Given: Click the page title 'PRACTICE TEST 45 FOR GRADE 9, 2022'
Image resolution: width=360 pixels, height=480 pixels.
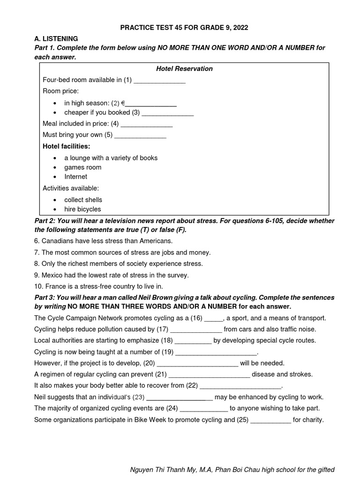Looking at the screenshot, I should pos(184,28).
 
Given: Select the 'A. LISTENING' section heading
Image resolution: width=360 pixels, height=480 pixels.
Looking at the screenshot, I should pos(56,38).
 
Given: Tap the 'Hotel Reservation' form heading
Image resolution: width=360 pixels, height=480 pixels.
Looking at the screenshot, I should pos(184,68).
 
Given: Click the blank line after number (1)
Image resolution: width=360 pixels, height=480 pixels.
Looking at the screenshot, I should pos(160,81).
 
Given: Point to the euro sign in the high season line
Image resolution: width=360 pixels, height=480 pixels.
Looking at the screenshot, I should pos(122,103).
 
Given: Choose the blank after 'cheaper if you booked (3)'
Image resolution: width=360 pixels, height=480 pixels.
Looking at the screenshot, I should pos(168,113).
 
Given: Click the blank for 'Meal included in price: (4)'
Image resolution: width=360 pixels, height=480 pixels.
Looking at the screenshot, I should pos(147,125).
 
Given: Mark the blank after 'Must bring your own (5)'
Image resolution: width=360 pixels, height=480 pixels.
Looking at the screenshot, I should pos(141,136).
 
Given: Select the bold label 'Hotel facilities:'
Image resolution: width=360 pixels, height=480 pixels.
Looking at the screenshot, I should pos(66,146).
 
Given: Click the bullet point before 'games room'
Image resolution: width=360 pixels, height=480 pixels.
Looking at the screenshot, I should pos(55,167).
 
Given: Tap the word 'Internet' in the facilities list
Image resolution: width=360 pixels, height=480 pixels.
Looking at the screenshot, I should pos(76,177).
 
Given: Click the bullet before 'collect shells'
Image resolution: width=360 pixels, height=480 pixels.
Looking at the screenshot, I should pos(55,200).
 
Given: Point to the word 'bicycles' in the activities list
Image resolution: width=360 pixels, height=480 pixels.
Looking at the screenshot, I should pos(89,209).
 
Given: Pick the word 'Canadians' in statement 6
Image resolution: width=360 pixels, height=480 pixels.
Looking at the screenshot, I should pos(57,241).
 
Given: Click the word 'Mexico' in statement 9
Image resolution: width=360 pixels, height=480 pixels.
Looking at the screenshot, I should pos(52,275).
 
